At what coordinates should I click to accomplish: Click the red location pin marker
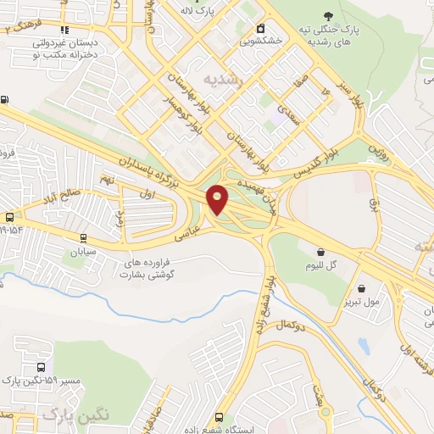pyautogui.click(x=219, y=200)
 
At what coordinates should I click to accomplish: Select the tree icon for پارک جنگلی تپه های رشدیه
pyautogui.click(x=328, y=16)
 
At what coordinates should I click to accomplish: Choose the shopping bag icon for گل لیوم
pyautogui.click(x=321, y=252)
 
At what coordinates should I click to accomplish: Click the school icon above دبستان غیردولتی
pyautogui.click(x=64, y=30)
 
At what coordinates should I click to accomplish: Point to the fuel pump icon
pyautogui.click(x=5, y=100)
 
